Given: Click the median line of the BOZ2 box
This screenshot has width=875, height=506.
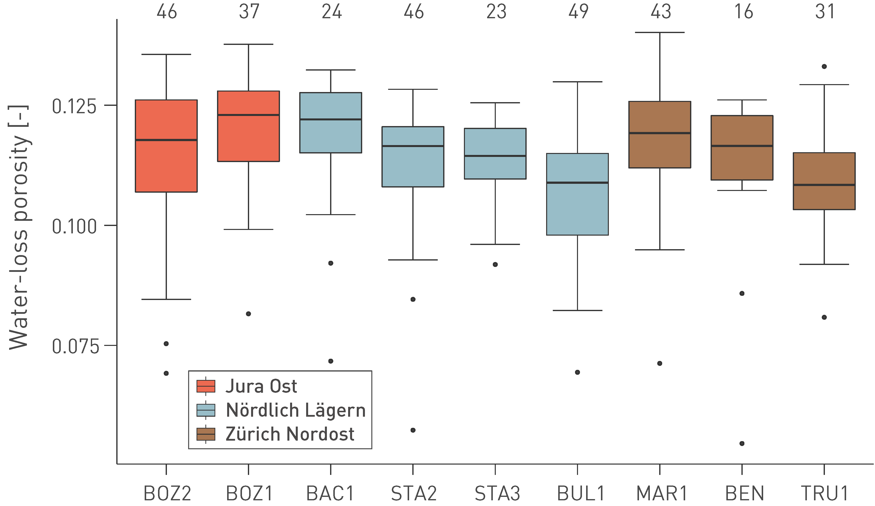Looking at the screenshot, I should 166,140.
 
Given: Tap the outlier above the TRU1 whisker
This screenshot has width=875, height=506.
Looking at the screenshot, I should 824,67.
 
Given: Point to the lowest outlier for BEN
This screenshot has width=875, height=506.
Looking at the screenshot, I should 742,444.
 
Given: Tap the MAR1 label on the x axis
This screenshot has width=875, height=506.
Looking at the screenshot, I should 661,493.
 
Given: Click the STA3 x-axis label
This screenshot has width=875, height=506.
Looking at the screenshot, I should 497,493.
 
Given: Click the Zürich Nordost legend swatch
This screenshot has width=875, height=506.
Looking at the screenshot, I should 206,434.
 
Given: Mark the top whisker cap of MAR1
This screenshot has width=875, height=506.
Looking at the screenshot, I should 660,32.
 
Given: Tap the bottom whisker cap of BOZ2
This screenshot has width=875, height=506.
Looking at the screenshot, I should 166,299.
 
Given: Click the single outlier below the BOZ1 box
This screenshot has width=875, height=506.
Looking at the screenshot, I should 249,314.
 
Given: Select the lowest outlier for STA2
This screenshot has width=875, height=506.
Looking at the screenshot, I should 413,430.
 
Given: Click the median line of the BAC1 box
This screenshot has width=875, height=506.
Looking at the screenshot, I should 331,119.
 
